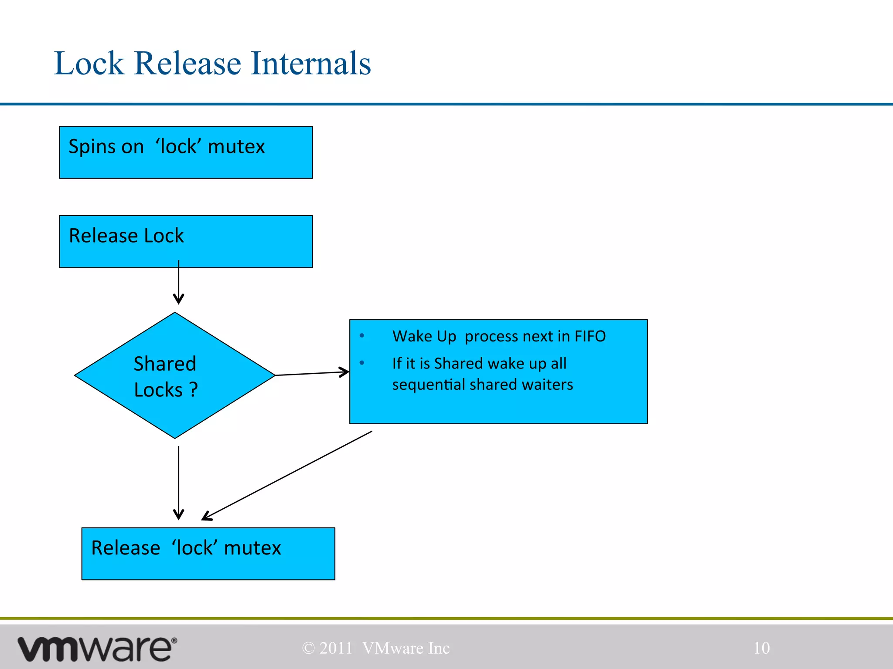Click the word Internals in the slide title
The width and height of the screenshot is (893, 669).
[x=310, y=64]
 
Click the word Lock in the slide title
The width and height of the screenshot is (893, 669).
[x=89, y=64]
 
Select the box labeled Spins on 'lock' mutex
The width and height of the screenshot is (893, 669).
[x=186, y=152]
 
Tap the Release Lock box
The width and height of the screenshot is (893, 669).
[x=186, y=241]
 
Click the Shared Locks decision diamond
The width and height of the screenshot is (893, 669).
[x=174, y=375]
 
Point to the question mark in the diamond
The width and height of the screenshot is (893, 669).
[x=194, y=390]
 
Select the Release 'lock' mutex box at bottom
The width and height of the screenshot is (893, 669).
[x=208, y=554]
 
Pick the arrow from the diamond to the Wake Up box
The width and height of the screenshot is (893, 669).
[x=312, y=373]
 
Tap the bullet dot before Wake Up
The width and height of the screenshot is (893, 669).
[x=361, y=335]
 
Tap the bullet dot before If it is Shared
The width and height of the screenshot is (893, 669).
[x=361, y=363]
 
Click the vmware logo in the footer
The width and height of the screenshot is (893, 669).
[x=97, y=649]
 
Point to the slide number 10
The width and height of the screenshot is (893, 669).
[x=761, y=648]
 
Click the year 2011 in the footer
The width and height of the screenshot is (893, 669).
[x=335, y=648]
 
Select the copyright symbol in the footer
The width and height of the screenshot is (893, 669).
[x=308, y=648]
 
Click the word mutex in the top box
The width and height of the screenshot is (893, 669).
[x=236, y=147]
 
